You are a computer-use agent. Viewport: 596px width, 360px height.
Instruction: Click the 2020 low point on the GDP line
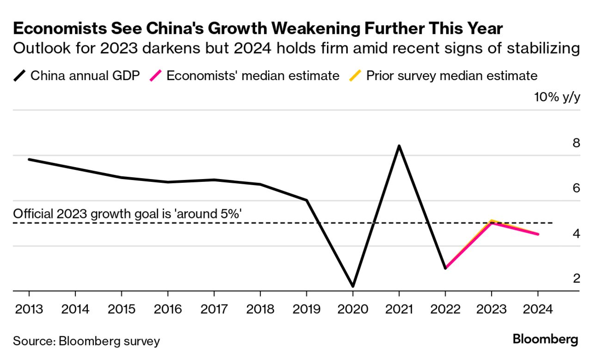click(x=353, y=286)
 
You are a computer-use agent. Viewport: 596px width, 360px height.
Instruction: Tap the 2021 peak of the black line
click(x=399, y=146)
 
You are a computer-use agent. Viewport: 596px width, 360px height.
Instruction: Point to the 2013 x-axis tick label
click(x=29, y=309)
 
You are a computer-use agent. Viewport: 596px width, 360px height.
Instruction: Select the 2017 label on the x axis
click(x=214, y=309)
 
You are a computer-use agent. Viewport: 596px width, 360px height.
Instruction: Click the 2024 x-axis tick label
click(x=538, y=309)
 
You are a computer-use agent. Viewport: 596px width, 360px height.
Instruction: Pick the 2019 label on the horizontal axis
click(x=306, y=309)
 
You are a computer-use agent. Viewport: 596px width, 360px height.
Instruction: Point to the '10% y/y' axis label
click(x=557, y=98)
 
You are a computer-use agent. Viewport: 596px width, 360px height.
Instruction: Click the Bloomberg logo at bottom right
click(x=545, y=340)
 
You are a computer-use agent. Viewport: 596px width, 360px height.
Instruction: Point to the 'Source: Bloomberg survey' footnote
click(x=86, y=341)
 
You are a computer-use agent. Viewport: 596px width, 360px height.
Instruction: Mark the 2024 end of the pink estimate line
click(x=538, y=234)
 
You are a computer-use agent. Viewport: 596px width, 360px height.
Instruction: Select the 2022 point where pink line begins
click(x=445, y=268)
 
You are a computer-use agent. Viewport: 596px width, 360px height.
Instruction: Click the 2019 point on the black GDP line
click(x=306, y=200)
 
